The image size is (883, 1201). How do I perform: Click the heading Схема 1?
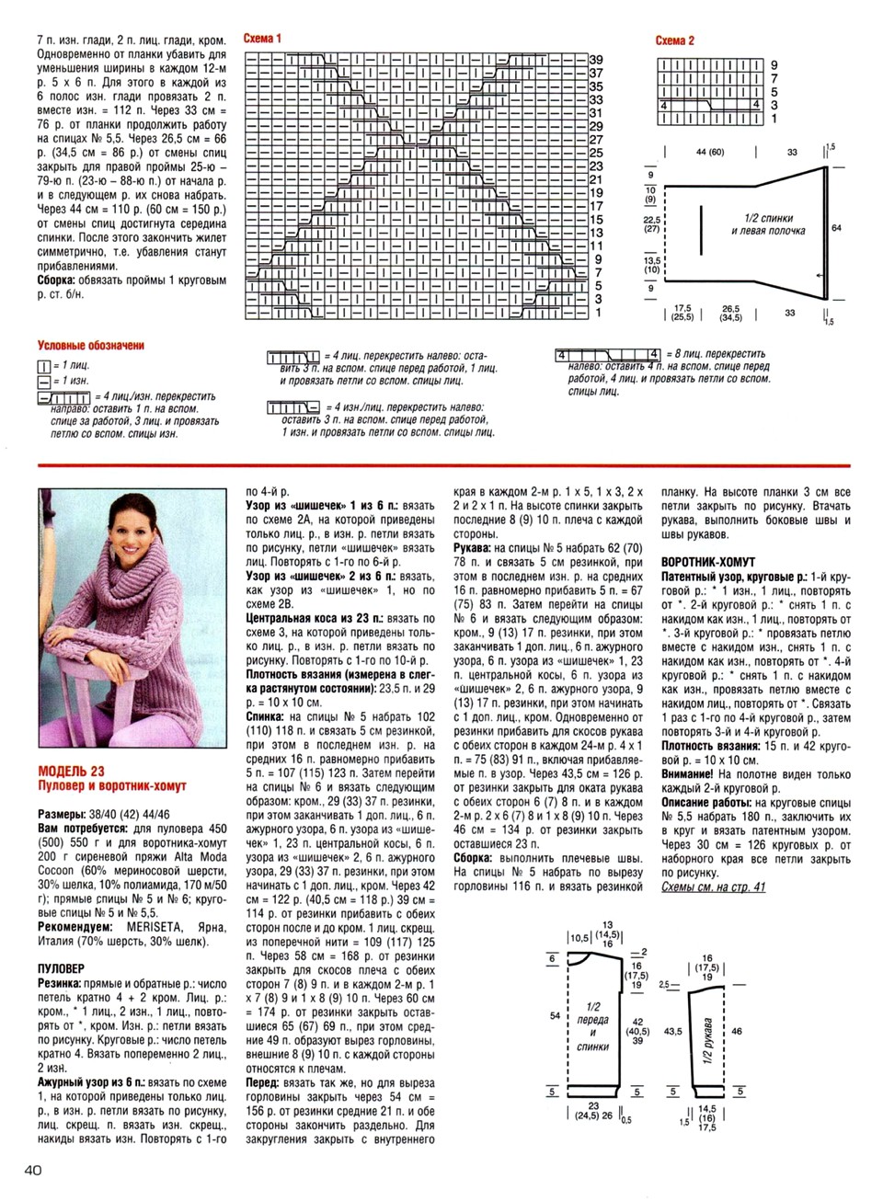coord(262,39)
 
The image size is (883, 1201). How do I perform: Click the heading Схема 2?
coord(674,40)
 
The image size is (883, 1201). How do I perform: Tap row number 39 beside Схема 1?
coord(595,60)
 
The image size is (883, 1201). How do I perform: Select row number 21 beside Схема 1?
coord(595,179)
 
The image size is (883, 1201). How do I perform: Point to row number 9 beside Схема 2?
coord(774,65)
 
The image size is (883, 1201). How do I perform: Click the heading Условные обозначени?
coord(90,346)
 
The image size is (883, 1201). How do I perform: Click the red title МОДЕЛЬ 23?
coord(71,770)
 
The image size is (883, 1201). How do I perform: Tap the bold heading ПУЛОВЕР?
coord(61,968)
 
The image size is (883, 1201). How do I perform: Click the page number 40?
coord(27,1171)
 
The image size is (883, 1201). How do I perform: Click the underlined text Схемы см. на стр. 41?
coord(713,886)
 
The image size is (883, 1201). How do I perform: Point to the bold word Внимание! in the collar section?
coord(693,774)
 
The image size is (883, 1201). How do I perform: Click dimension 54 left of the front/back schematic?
coord(555,1015)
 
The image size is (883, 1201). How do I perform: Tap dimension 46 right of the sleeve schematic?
coord(736,1032)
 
